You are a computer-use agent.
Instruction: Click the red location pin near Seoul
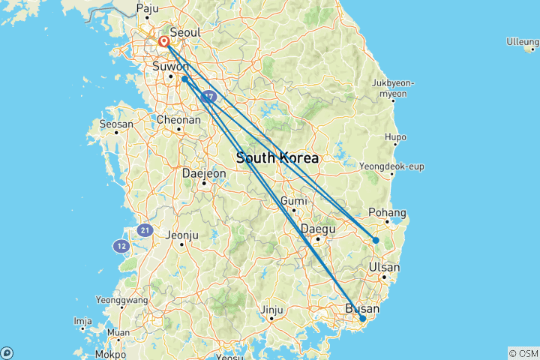[163, 41]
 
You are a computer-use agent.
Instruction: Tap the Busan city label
[361, 308]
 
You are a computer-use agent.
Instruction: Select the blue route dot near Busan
[363, 319]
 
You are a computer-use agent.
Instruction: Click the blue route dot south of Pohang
[376, 240]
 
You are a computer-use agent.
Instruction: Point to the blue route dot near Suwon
[184, 79]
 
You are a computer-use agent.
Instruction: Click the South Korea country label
[277, 158]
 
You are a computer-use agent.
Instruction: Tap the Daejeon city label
[204, 173]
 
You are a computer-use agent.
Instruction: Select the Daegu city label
[316, 228]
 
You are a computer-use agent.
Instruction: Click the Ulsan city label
[384, 267]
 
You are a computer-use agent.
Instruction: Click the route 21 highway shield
[145, 229]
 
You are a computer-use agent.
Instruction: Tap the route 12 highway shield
[121, 245]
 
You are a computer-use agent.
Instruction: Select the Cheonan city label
[178, 119]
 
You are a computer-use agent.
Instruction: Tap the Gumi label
[293, 200]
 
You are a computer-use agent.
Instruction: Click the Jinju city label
[271, 309]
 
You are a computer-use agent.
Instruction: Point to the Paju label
[147, 9]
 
